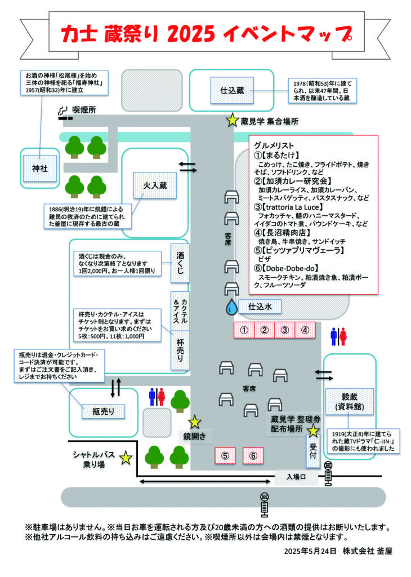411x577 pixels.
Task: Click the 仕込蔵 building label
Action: click(x=232, y=90)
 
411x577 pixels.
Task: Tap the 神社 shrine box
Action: click(x=40, y=168)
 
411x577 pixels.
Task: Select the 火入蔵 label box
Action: click(x=155, y=185)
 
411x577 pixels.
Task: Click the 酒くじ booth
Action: click(x=180, y=263)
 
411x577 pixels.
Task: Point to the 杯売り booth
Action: click(x=180, y=350)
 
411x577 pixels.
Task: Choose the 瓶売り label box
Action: click(x=103, y=411)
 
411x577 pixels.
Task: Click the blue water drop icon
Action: click(x=231, y=307)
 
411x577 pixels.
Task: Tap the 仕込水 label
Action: click(x=260, y=307)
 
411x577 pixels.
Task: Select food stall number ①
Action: click(x=244, y=330)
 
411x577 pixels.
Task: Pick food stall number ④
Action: click(x=305, y=330)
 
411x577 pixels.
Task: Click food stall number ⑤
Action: click(x=225, y=456)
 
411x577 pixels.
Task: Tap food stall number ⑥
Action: click(x=253, y=456)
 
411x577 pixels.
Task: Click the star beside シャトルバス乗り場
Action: click(x=126, y=458)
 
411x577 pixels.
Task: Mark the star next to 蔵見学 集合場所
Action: click(x=233, y=120)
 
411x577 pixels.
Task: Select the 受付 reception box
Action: click(x=313, y=451)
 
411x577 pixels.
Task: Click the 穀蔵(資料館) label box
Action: click(x=349, y=401)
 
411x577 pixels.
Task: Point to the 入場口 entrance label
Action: click(x=296, y=477)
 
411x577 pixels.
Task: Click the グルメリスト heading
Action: click(x=274, y=145)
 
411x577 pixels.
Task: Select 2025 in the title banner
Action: click(x=191, y=34)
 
